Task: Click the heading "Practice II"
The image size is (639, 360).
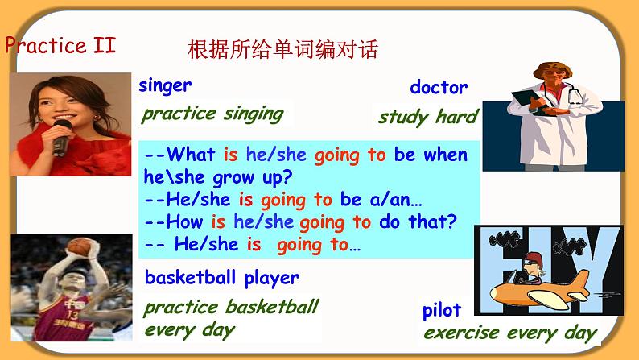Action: (60, 45)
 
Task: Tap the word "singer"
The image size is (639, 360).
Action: (165, 85)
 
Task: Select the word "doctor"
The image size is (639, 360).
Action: (439, 87)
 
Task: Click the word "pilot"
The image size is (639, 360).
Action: (442, 312)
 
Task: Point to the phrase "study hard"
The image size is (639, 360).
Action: (428, 117)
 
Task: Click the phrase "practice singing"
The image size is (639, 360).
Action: (212, 114)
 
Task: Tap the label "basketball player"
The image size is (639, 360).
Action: (222, 279)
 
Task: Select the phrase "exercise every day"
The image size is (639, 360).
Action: (510, 333)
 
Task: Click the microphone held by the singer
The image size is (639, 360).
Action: (61, 138)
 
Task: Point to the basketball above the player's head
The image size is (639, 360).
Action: (78, 246)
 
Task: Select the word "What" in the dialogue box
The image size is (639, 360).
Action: (191, 155)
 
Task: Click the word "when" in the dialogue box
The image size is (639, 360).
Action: (445, 155)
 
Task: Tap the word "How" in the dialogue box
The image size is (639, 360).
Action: (184, 221)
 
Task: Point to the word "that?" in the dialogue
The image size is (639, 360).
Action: (433, 221)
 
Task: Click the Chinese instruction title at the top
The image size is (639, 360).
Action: (282, 49)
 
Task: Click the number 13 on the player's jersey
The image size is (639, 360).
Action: (73, 315)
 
